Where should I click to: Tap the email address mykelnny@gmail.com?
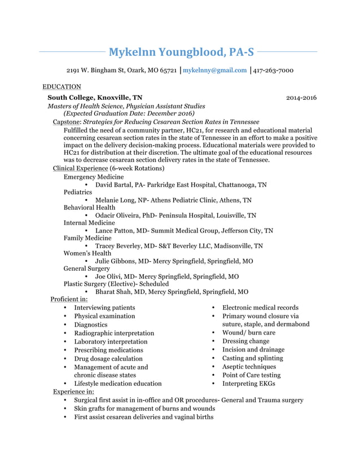point(214,71)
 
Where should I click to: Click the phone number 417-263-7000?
point(273,71)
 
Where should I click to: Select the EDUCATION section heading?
point(62,87)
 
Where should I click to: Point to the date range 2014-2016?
point(301,98)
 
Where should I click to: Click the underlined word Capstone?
point(65,122)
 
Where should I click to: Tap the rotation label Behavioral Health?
point(89,208)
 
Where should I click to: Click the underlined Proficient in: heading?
point(69,299)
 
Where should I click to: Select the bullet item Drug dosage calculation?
point(108,358)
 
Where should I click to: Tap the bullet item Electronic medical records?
point(260,307)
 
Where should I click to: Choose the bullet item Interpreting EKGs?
point(249,384)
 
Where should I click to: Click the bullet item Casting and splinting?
point(253,358)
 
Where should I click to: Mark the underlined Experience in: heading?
point(73,391)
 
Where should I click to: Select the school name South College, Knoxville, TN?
point(95,98)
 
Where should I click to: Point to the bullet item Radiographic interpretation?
point(114,333)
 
